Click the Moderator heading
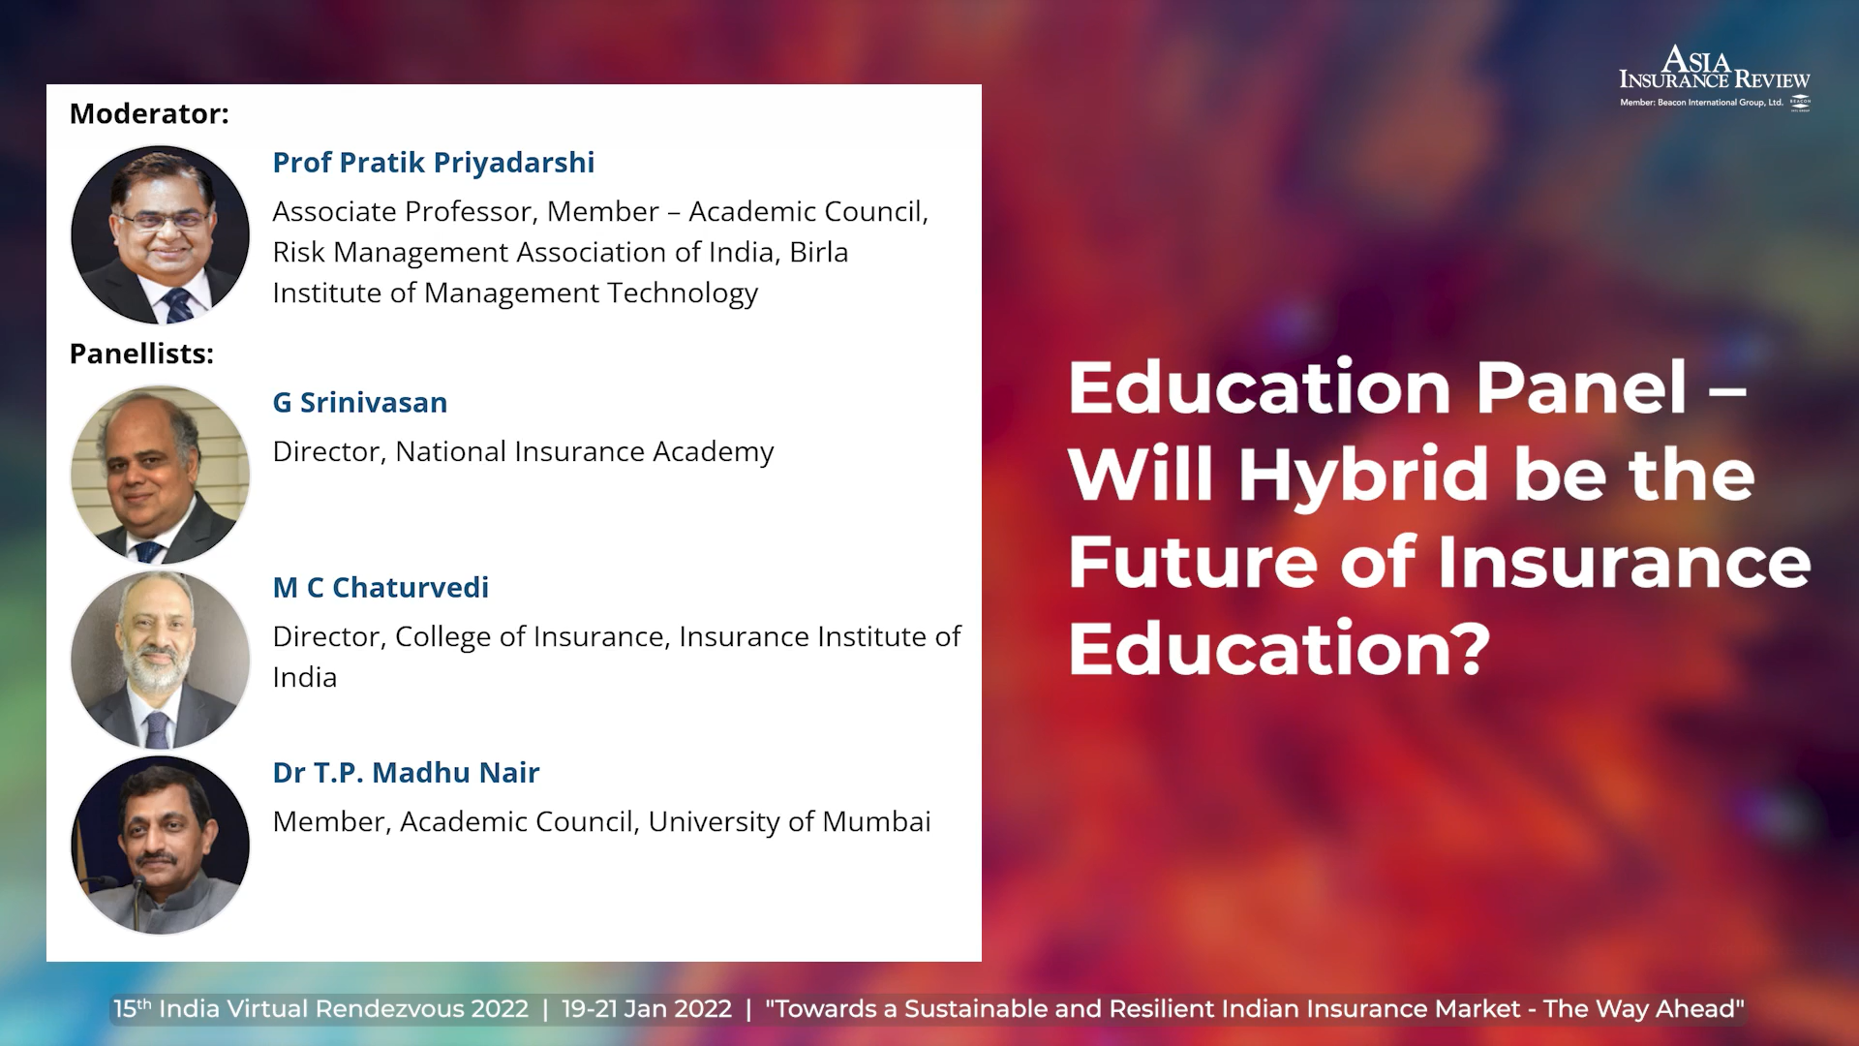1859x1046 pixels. tap(149, 113)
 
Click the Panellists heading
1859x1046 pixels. tap(141, 354)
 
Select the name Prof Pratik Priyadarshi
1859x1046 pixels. tap(434, 163)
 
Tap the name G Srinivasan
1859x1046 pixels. tap(360, 403)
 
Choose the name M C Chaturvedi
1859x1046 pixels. tap(381, 588)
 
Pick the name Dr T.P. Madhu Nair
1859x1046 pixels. tap(406, 773)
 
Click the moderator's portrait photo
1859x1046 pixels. tap(161, 234)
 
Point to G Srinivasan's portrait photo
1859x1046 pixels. tap(161, 475)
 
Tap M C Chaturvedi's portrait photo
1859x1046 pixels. tap(161, 660)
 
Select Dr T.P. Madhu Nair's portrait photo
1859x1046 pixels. tap(161, 845)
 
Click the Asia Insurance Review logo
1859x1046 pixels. tap(1715, 77)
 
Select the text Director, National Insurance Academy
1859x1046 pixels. tap(523, 452)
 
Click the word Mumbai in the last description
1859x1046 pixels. tap(876, 821)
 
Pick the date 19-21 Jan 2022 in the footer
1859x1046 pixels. tap(647, 1009)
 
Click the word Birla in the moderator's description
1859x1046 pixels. tap(819, 252)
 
